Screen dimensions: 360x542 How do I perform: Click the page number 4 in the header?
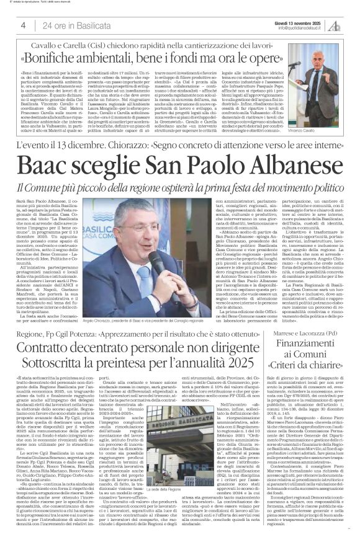click(x=23, y=25)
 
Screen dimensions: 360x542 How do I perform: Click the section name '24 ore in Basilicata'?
click(x=69, y=25)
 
